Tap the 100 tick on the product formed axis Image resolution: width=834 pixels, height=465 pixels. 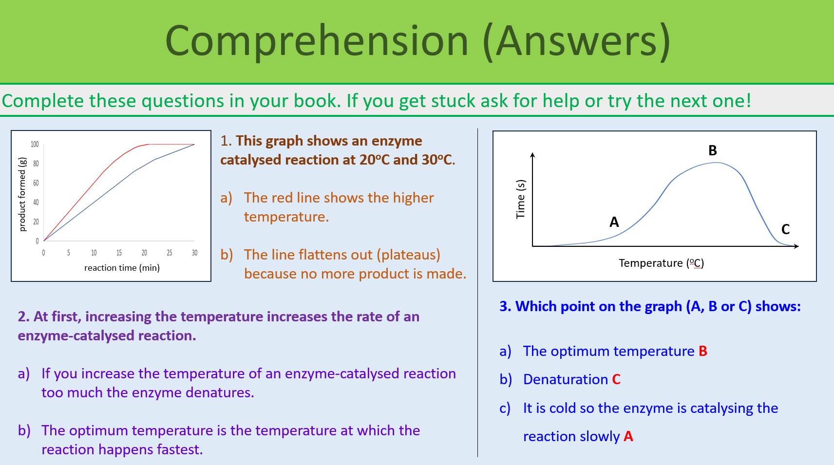click(35, 144)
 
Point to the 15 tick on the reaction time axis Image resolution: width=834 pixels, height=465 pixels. click(119, 253)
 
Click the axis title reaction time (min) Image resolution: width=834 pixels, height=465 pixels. click(122, 268)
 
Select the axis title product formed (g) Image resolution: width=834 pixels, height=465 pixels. click(22, 194)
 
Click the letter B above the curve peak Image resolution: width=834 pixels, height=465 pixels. click(712, 150)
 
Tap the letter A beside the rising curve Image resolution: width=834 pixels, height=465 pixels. click(614, 222)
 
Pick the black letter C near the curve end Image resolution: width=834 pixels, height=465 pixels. click(785, 229)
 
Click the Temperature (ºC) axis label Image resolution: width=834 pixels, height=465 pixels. click(661, 263)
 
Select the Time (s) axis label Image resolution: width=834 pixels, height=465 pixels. click(520, 199)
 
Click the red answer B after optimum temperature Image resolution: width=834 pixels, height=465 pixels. click(702, 351)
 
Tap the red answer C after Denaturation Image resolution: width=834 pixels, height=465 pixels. click(616, 379)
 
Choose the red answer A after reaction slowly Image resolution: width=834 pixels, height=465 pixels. click(628, 436)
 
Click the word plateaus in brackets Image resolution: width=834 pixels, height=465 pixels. click(408, 255)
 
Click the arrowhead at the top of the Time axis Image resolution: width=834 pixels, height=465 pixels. click(532, 155)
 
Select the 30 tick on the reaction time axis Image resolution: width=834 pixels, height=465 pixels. click(194, 253)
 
